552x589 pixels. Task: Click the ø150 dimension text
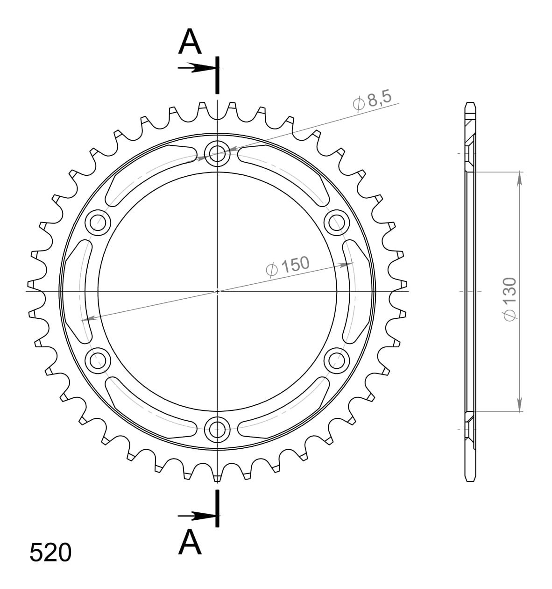click(x=287, y=266)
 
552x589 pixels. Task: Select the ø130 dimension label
click(x=510, y=299)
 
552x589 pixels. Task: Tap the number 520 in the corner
click(x=50, y=553)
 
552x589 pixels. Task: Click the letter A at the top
click(x=190, y=42)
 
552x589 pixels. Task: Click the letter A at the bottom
click(x=190, y=542)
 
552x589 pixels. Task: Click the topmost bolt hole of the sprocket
click(x=217, y=152)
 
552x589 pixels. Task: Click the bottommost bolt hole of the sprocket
click(x=217, y=428)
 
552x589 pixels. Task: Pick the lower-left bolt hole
click(x=98, y=359)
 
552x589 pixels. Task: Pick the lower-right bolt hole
click(x=337, y=359)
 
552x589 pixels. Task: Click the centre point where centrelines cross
click(x=217, y=291)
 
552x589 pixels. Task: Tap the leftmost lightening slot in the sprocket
click(x=75, y=291)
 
